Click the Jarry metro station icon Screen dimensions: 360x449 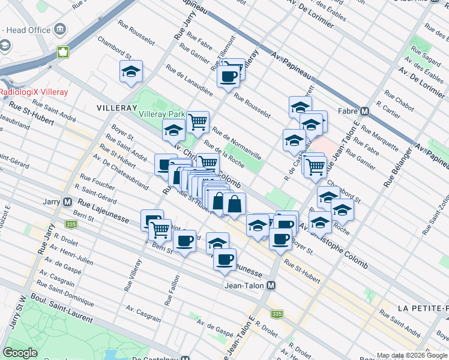[67, 203]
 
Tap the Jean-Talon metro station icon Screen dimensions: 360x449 [271, 286]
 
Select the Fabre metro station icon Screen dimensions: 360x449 [364, 112]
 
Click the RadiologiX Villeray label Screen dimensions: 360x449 [34, 92]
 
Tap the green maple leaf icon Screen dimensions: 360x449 [62, 52]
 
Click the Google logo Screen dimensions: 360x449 [20, 353]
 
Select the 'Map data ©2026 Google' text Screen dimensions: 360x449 [412, 355]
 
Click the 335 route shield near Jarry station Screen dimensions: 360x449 [71, 224]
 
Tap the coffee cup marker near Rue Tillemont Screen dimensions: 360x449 [228, 76]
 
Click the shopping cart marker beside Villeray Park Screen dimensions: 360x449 [197, 122]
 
